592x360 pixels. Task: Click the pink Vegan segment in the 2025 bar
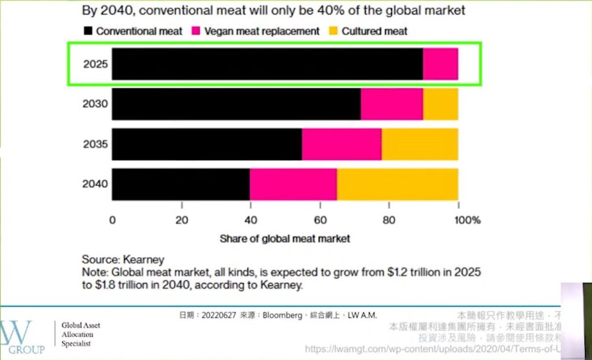pyautogui.click(x=441, y=64)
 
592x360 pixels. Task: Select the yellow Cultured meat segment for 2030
pyautogui.click(x=441, y=104)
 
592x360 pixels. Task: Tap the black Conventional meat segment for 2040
pyautogui.click(x=180, y=184)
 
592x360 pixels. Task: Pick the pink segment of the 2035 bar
pyautogui.click(x=341, y=144)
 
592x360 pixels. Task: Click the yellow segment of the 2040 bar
pyautogui.click(x=397, y=184)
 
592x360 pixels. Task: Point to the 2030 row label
pyautogui.click(x=95, y=104)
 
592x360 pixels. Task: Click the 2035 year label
pyautogui.click(x=95, y=144)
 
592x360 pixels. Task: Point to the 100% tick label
pyautogui.click(x=467, y=220)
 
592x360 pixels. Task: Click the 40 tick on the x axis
pyautogui.click(x=250, y=220)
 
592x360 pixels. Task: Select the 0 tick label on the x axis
pyautogui.click(x=112, y=220)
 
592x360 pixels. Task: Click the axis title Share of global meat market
pyautogui.click(x=285, y=238)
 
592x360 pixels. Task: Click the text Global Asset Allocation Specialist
pyautogui.click(x=81, y=335)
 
